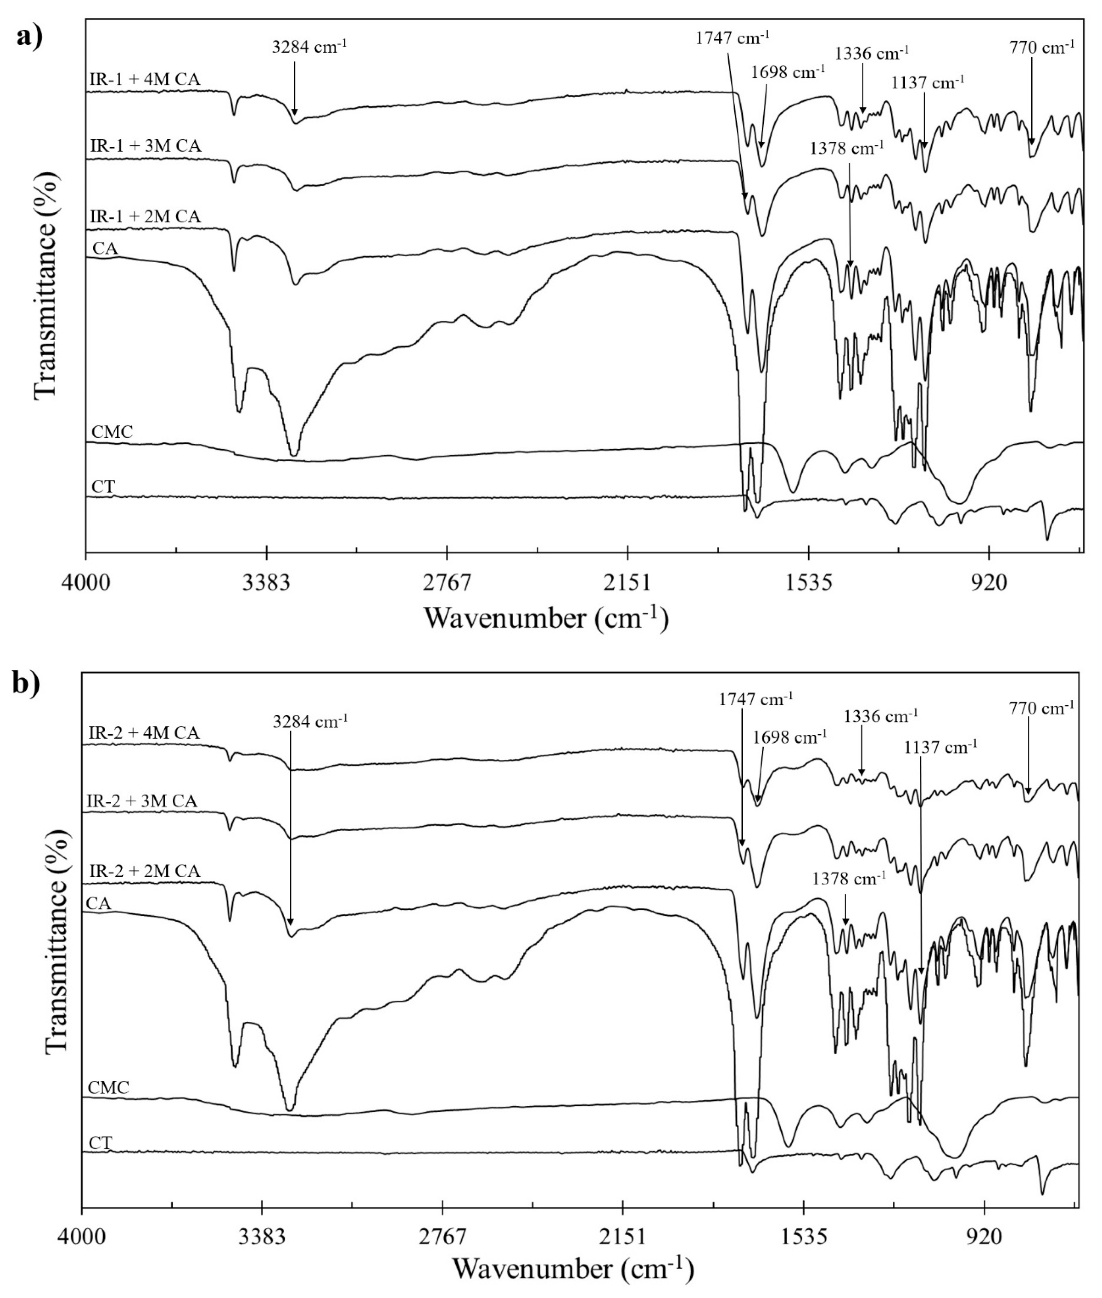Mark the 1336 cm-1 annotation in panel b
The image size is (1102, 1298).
881,716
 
